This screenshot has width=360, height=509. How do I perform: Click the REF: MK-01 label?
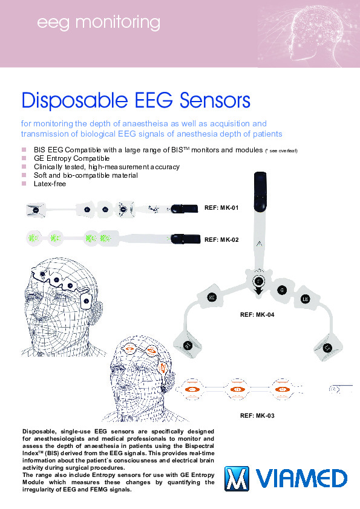(x=221, y=208)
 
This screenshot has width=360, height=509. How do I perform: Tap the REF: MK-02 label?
(x=221, y=240)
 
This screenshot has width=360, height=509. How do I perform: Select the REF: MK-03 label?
(x=257, y=415)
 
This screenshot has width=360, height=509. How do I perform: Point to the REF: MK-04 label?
(x=257, y=314)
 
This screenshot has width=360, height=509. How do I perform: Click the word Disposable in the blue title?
(x=74, y=100)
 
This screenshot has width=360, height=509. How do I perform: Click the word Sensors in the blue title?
(x=215, y=100)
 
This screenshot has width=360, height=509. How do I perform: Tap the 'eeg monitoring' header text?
(x=99, y=23)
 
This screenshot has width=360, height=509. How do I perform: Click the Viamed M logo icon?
(x=237, y=479)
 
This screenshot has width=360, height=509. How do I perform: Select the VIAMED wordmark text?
(x=301, y=479)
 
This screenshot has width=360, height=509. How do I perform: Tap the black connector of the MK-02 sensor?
(x=186, y=239)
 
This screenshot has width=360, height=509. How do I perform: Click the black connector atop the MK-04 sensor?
(x=260, y=192)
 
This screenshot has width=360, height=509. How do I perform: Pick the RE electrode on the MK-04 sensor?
(x=212, y=297)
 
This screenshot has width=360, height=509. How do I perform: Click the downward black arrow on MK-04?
(x=258, y=291)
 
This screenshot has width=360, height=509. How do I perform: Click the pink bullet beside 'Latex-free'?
(x=24, y=183)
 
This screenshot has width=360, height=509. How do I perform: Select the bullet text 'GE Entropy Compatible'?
(x=71, y=158)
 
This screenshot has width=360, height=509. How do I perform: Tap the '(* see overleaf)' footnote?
(x=281, y=151)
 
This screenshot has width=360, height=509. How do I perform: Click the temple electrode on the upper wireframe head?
(x=87, y=301)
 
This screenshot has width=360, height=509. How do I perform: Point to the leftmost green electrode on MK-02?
(x=33, y=238)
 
